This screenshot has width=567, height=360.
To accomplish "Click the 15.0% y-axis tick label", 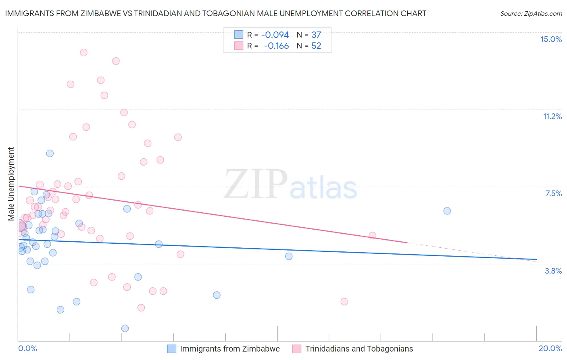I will (x=551, y=39).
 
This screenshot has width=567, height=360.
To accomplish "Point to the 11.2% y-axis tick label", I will (x=552, y=116).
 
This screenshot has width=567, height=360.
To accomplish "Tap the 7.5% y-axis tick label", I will (x=553, y=193).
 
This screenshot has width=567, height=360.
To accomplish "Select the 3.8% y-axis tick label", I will (x=553, y=271).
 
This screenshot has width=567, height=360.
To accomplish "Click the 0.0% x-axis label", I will (x=27, y=348).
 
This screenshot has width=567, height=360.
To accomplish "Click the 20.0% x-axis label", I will (x=550, y=348).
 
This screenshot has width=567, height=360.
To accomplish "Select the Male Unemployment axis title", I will (x=11, y=184).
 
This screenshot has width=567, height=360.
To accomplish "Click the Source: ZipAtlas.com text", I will (x=531, y=14).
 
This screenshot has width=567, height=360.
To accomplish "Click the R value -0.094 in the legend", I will (x=275, y=35).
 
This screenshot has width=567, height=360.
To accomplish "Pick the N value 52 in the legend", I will (x=316, y=46).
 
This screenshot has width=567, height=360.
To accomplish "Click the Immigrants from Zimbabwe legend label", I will (x=229, y=349).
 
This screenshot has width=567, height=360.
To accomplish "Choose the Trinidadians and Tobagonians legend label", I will (x=359, y=349).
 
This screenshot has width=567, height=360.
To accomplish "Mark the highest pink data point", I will (x=83, y=52).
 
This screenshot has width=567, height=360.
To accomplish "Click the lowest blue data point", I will (x=125, y=329).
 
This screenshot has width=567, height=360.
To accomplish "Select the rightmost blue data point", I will (x=447, y=211).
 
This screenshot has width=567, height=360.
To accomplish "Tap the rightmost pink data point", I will (x=373, y=235).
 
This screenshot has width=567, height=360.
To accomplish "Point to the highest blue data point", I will (x=50, y=153).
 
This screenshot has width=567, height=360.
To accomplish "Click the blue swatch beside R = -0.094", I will (x=239, y=35).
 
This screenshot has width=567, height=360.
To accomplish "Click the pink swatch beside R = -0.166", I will (x=239, y=46).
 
